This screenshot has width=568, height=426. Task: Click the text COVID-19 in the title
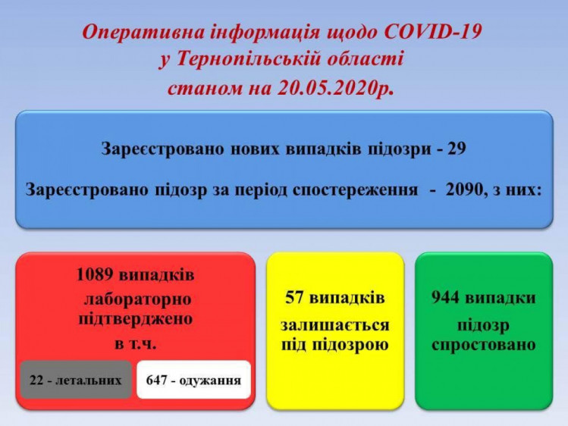point(432,32)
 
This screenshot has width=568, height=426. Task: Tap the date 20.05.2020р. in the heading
point(335,88)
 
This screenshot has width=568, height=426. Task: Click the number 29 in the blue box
point(457,149)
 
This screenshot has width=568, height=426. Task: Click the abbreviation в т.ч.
point(136,343)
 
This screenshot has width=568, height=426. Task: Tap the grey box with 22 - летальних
point(76,380)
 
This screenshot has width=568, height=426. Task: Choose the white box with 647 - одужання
point(194,380)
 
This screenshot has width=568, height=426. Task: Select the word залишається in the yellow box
point(334,325)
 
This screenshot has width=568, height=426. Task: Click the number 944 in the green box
point(446,298)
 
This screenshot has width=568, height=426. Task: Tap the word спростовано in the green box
point(484,345)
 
